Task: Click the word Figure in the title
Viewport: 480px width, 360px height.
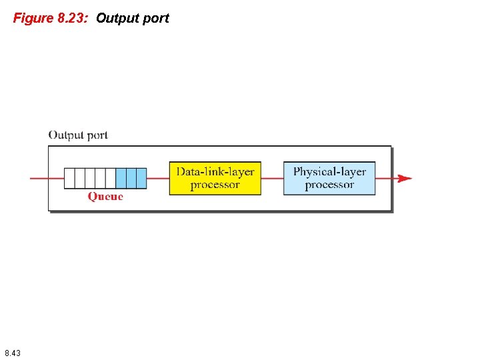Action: [x=31, y=18]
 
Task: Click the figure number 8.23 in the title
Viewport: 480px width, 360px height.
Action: [x=71, y=18]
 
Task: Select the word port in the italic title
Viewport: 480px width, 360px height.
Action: [x=156, y=19]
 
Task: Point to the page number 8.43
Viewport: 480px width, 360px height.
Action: [x=12, y=352]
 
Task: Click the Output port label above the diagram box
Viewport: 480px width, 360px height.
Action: [x=78, y=135]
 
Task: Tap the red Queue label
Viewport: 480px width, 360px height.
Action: [x=105, y=197]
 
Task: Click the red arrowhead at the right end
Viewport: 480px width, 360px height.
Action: [x=405, y=178]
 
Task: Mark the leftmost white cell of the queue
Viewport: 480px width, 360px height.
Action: [x=69, y=178]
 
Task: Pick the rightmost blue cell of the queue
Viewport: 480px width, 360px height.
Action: [x=141, y=178]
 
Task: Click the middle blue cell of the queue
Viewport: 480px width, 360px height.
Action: [x=131, y=178]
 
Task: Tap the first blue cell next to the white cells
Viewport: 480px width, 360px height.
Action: [x=121, y=178]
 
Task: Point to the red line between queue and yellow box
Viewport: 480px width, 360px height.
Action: [x=157, y=178]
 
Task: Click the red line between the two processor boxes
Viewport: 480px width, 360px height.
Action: [x=272, y=178]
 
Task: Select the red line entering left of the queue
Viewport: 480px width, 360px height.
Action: [x=47, y=178]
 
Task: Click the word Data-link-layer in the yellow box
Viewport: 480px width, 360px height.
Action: [x=215, y=172]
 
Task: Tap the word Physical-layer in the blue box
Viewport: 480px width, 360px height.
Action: [x=329, y=172]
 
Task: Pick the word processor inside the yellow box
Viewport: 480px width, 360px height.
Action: [x=215, y=185]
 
